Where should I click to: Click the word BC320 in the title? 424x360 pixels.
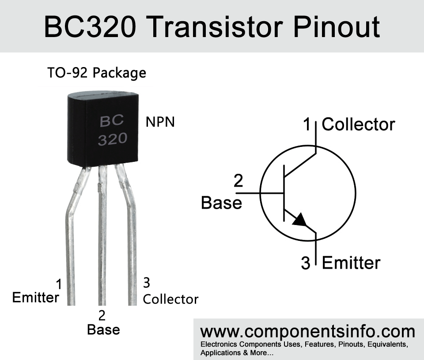[x=90, y=27]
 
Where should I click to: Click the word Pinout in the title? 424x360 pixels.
[x=337, y=27]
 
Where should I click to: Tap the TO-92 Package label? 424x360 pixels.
[x=97, y=73]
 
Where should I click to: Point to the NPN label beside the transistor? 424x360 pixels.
[x=160, y=122]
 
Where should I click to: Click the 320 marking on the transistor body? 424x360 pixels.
[x=113, y=139]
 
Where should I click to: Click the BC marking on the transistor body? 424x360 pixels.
[x=112, y=121]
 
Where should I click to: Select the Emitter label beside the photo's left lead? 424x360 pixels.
[x=35, y=298]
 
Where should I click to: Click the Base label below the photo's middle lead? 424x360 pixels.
[x=103, y=330]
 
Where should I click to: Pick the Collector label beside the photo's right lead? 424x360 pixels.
[x=170, y=299]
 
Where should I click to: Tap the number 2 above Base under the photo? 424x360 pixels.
[x=102, y=315]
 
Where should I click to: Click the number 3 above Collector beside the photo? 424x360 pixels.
[x=146, y=283]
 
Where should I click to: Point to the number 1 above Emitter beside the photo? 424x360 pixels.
[x=59, y=285]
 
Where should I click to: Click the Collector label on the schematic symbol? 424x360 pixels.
[x=358, y=124]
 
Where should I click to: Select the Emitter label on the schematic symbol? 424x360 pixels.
[x=351, y=262]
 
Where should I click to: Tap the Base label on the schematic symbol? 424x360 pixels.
[x=221, y=202]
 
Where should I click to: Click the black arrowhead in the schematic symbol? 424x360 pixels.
[x=300, y=220]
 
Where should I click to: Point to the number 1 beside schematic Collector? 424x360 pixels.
[x=307, y=124]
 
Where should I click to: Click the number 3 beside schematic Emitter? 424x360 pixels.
[x=306, y=263]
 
